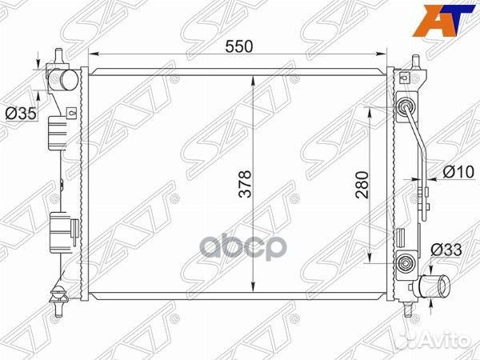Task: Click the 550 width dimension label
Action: pos(239,47)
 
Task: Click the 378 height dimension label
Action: pos(245,184)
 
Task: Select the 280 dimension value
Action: pos(362,185)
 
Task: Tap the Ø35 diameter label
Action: pos(21,114)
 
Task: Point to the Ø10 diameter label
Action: pos(458,172)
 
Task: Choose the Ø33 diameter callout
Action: pos(446,250)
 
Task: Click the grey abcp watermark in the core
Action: pos(242,246)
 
